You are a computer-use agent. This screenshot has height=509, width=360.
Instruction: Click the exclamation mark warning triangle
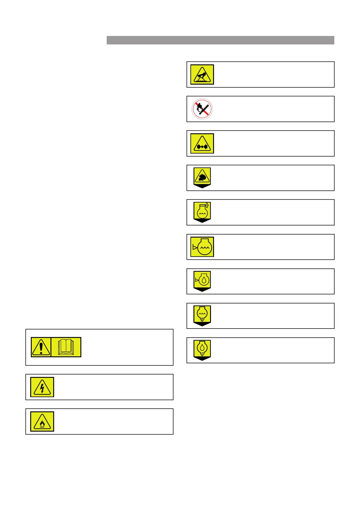[x=41, y=347]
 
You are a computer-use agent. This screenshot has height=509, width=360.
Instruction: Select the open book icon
[x=66, y=347]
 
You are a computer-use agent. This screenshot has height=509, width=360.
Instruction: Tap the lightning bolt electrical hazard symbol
[x=42, y=387]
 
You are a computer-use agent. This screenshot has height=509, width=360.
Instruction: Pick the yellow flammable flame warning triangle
[x=42, y=422]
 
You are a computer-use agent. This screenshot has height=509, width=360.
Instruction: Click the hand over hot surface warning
[x=202, y=75]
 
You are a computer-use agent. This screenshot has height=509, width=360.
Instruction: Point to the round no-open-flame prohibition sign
[x=202, y=109]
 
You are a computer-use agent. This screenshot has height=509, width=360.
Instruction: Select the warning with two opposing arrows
[x=202, y=144]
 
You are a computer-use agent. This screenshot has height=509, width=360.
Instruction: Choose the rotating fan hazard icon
[x=202, y=177]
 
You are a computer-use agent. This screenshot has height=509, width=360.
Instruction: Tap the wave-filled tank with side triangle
[x=202, y=247]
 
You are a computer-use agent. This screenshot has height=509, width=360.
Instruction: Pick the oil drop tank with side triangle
[x=202, y=280]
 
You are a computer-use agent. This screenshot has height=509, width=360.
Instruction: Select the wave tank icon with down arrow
[x=202, y=315]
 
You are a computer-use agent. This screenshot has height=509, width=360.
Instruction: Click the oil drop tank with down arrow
[x=202, y=349]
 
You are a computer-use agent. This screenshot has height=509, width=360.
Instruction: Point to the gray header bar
[x=220, y=40]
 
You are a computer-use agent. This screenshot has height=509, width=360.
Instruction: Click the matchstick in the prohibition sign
[x=206, y=108]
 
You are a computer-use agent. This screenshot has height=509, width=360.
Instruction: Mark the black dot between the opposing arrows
[x=202, y=147]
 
